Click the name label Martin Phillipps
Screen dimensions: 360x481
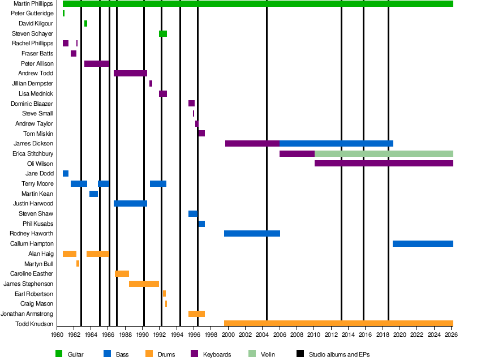click(33, 4)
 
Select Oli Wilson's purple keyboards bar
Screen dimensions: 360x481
click(384, 164)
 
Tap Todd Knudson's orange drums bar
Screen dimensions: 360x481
click(338, 324)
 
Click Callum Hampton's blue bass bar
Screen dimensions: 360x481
click(423, 244)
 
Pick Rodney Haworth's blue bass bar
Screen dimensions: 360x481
click(252, 234)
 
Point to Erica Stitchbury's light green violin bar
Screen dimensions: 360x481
click(384, 154)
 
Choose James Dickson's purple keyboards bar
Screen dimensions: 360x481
click(252, 144)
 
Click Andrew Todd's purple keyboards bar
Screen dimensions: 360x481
click(130, 74)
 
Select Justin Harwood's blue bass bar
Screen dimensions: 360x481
click(130, 204)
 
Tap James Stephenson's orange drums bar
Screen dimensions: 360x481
click(144, 284)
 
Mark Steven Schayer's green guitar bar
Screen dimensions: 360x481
click(163, 34)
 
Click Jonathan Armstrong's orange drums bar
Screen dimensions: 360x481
click(196, 314)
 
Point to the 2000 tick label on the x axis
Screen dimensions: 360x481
click(227, 335)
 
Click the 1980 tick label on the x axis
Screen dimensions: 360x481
click(57, 335)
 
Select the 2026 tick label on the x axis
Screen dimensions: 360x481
click(451, 335)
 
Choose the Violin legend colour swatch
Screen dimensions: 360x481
click(252, 354)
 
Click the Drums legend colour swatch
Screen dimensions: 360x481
click(149, 354)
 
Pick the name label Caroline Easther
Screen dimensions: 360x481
click(32, 274)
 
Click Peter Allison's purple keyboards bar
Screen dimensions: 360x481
click(97, 64)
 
